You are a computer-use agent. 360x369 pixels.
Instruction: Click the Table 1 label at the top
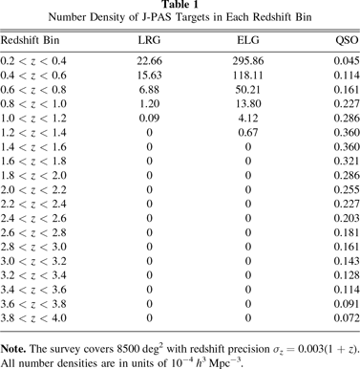180,6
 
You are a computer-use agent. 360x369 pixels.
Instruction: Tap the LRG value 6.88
148,94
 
